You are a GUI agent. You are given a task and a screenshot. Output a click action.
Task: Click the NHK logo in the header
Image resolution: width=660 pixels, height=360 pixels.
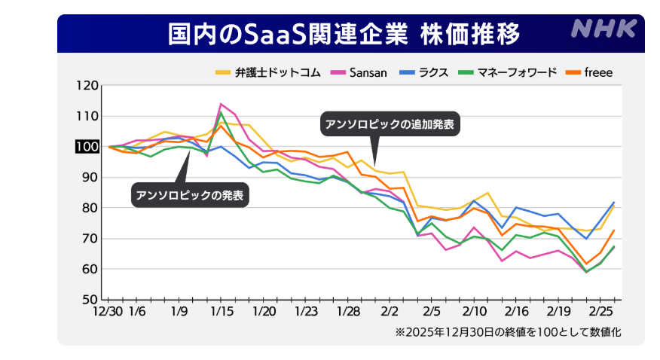604,30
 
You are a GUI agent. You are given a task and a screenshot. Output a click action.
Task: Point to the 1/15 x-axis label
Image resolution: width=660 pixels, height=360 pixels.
221,311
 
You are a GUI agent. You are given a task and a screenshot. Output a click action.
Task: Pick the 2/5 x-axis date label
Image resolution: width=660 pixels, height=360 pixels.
432,311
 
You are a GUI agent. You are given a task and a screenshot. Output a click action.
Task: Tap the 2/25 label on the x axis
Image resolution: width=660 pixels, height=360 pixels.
601,311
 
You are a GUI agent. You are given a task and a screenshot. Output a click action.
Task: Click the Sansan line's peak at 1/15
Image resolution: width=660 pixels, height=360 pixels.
221,104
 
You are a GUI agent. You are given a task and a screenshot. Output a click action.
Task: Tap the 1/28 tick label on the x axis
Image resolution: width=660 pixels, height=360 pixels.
348,311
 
